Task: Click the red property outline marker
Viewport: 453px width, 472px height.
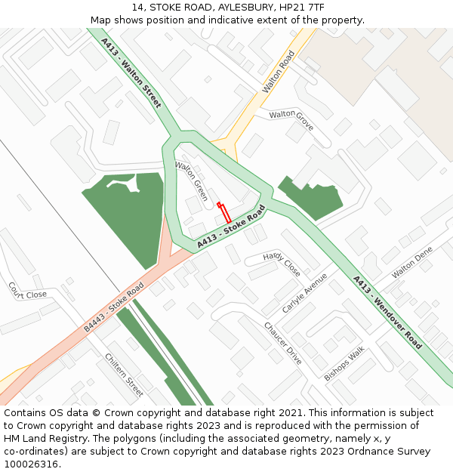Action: point(224,212)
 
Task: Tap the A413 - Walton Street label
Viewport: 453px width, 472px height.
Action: point(131,72)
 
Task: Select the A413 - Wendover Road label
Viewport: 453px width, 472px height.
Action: point(387,312)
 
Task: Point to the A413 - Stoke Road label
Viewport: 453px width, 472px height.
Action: point(231,227)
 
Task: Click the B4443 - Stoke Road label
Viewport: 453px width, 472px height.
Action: point(114,307)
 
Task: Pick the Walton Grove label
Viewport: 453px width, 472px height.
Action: point(291,119)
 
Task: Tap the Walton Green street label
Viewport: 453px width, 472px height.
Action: point(191,180)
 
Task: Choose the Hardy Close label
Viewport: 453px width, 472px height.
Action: point(282,264)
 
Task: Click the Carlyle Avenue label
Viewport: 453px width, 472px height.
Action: point(304,293)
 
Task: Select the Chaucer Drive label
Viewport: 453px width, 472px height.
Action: point(283,343)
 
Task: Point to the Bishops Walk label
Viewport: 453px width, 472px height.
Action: point(344,362)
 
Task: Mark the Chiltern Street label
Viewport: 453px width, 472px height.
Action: point(124,375)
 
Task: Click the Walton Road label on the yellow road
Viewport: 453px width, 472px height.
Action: point(278,72)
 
